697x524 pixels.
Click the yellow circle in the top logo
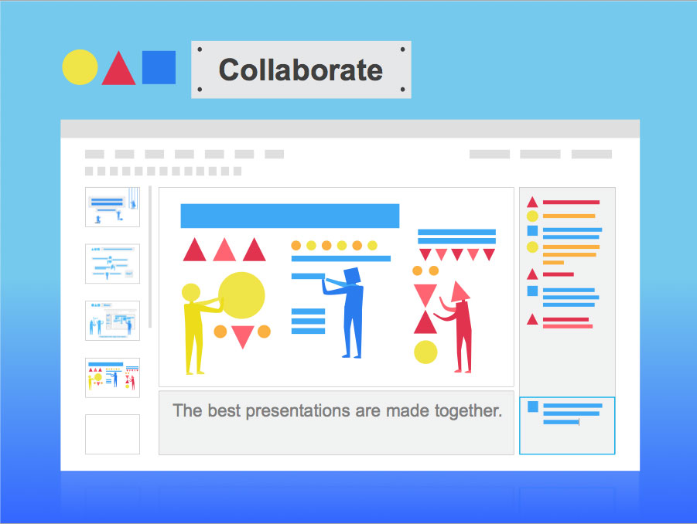(80, 67)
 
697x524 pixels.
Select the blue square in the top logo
(159, 67)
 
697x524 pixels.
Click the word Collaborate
(301, 70)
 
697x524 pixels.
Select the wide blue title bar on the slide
(290, 216)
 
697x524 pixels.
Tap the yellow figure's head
(191, 293)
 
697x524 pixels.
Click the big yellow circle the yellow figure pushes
(241, 295)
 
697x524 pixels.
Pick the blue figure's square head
(352, 276)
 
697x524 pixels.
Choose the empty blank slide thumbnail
(112, 434)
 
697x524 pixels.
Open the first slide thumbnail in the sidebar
(112, 207)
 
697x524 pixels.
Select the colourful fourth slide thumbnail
(112, 378)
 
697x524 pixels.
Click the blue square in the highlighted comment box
(532, 407)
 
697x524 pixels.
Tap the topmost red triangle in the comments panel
(532, 202)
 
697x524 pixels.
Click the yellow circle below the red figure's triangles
(425, 352)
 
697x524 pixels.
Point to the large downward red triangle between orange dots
(243, 337)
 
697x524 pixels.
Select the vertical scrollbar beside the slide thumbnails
(150, 257)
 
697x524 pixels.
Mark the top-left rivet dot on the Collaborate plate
(200, 49)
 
